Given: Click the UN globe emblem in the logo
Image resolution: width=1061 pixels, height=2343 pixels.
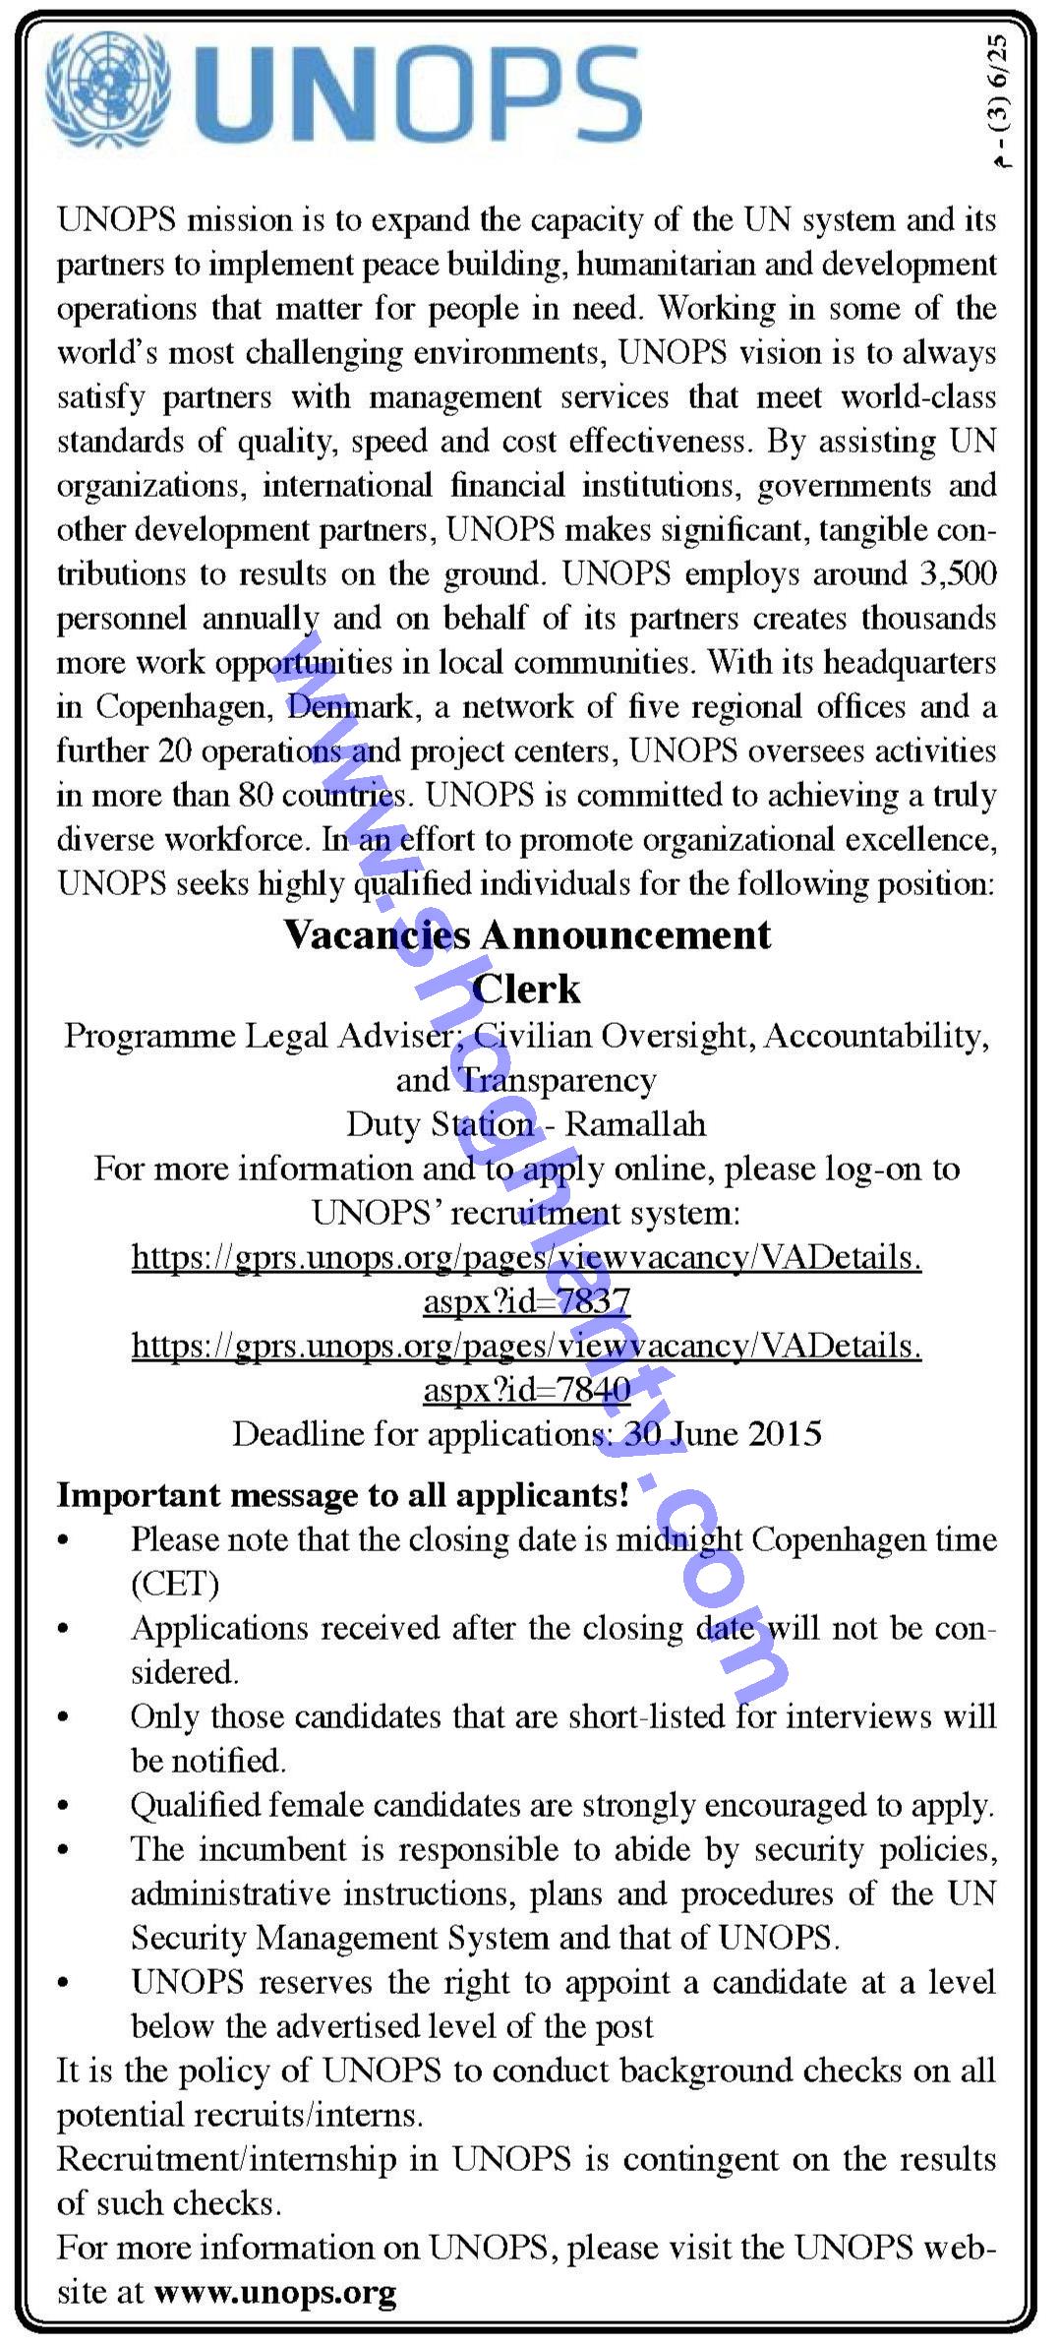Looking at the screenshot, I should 107,89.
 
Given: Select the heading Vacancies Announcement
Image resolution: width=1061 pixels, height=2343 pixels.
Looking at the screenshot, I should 528,934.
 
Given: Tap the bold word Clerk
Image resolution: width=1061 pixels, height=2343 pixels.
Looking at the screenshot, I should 527,989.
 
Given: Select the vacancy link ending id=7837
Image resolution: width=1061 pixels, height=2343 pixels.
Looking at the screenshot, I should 527,1279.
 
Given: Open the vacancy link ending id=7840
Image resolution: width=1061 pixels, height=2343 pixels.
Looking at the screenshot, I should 527,1367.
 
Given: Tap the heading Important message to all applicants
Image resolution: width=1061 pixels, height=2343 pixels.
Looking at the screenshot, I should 342,1494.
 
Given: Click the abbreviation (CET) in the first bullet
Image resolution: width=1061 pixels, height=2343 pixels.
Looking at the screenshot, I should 175,1584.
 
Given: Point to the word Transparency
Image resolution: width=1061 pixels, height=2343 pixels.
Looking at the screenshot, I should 558,1080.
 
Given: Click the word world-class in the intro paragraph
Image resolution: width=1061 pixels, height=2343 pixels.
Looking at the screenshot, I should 918,396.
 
